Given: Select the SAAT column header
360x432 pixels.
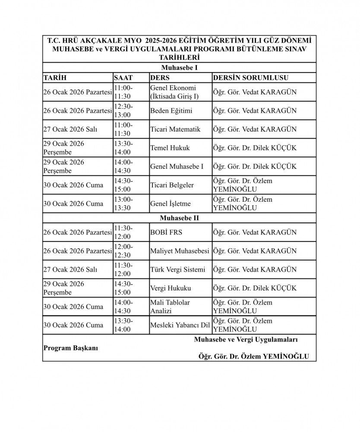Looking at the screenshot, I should point(123,77).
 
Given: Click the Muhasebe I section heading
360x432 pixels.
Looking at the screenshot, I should point(179,67).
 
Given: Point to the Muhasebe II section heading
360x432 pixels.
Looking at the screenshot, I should point(179,219).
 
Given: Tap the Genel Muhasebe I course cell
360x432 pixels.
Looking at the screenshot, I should point(177,166).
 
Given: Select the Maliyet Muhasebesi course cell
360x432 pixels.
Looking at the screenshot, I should point(179,251).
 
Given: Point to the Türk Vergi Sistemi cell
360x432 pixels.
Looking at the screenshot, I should point(177,270).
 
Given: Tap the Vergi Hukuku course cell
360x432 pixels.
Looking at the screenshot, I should point(170,288).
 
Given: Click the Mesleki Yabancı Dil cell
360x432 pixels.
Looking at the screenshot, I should point(179,325).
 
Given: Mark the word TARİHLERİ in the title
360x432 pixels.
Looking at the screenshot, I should point(179,57).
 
